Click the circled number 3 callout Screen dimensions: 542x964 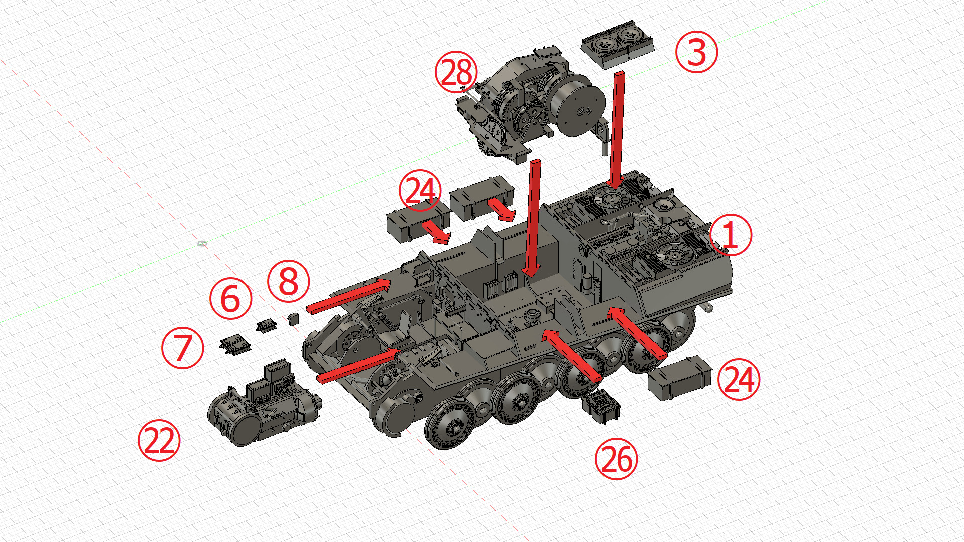pos(696,52)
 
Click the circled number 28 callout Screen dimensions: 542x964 pos(456,71)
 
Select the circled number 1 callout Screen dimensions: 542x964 pos(731,235)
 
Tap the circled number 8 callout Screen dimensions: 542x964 pos(288,281)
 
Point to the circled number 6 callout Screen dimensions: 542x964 pos(230,298)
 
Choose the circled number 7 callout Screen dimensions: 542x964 pos(182,348)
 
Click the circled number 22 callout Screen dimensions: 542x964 pos(159,440)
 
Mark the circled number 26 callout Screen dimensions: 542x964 pos(616,459)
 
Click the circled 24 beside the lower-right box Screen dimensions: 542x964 pos(739,379)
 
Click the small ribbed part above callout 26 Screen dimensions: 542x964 pos(601,405)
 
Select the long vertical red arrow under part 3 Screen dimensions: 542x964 pos(618,130)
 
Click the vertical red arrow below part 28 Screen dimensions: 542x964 pos(534,216)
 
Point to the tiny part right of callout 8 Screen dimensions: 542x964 pos(294,319)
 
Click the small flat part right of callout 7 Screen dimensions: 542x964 pos(235,345)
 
